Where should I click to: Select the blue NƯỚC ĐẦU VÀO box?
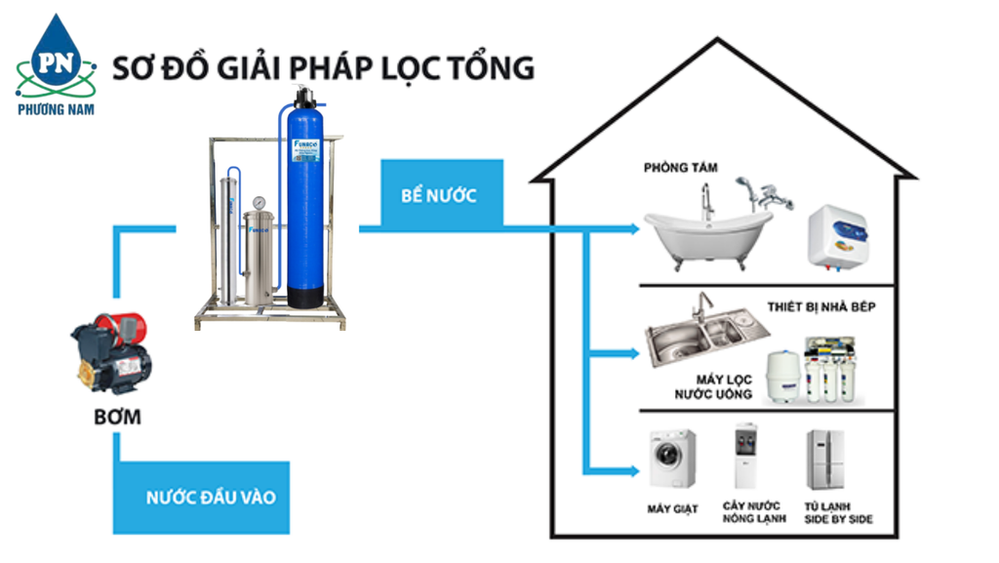click(x=211, y=498)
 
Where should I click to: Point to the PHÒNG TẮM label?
click(x=680, y=168)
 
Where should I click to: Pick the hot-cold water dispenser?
click(x=746, y=457)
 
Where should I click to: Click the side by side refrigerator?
click(x=824, y=459)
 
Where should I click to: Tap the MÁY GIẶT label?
click(x=672, y=508)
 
